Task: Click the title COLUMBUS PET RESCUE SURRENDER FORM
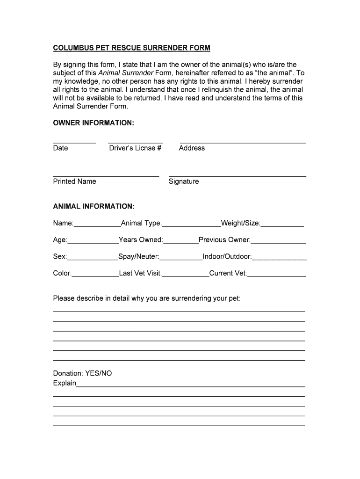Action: click(x=131, y=48)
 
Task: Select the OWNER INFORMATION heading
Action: click(x=94, y=123)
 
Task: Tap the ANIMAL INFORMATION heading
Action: click(x=94, y=206)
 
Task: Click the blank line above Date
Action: click(x=74, y=142)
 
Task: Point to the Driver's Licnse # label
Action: click(x=135, y=148)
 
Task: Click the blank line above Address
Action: click(x=243, y=142)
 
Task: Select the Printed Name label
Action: click(x=74, y=181)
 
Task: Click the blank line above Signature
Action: click(x=237, y=176)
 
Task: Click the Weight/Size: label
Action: click(x=240, y=223)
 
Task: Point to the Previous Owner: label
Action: click(x=224, y=240)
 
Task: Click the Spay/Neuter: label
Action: click(x=139, y=257)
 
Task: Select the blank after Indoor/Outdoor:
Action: click(x=279, y=259)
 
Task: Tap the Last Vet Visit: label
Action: click(x=140, y=274)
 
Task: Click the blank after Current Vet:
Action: click(x=276, y=276)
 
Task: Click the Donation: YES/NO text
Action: click(x=82, y=373)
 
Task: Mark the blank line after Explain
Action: click(x=190, y=386)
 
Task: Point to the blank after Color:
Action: click(x=95, y=276)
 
